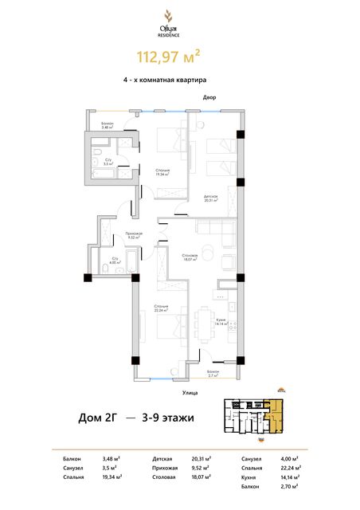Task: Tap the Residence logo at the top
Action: [179, 19]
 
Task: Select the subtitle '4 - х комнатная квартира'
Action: [179, 80]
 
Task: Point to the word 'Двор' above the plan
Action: [209, 98]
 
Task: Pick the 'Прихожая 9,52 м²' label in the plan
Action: [133, 235]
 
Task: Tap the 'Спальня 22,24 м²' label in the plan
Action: [161, 308]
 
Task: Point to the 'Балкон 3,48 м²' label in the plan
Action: [108, 125]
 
